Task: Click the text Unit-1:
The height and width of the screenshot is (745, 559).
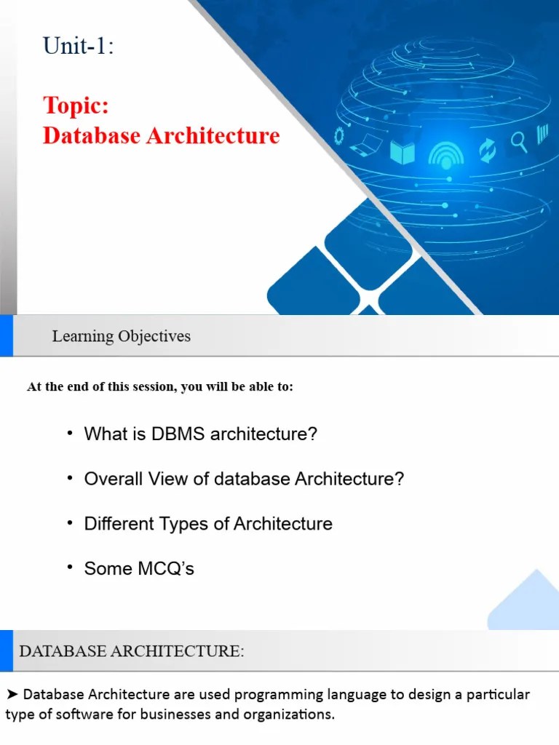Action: point(79,47)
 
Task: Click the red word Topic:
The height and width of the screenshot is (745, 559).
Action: point(76,105)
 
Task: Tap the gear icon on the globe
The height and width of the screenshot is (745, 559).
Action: point(339,136)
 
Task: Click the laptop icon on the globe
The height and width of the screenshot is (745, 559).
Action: point(364,145)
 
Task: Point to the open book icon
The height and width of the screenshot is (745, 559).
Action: point(402,152)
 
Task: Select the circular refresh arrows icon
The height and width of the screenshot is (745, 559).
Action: point(486,151)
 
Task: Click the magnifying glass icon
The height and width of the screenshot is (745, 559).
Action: point(518,142)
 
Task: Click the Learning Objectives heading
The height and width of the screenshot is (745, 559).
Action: point(121,336)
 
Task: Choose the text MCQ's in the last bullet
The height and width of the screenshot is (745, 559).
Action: point(167,569)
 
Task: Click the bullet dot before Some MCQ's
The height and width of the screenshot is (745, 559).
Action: point(70,567)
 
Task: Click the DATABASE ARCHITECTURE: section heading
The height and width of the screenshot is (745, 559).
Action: point(132,651)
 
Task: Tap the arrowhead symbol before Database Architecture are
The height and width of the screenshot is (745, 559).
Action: point(12,694)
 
